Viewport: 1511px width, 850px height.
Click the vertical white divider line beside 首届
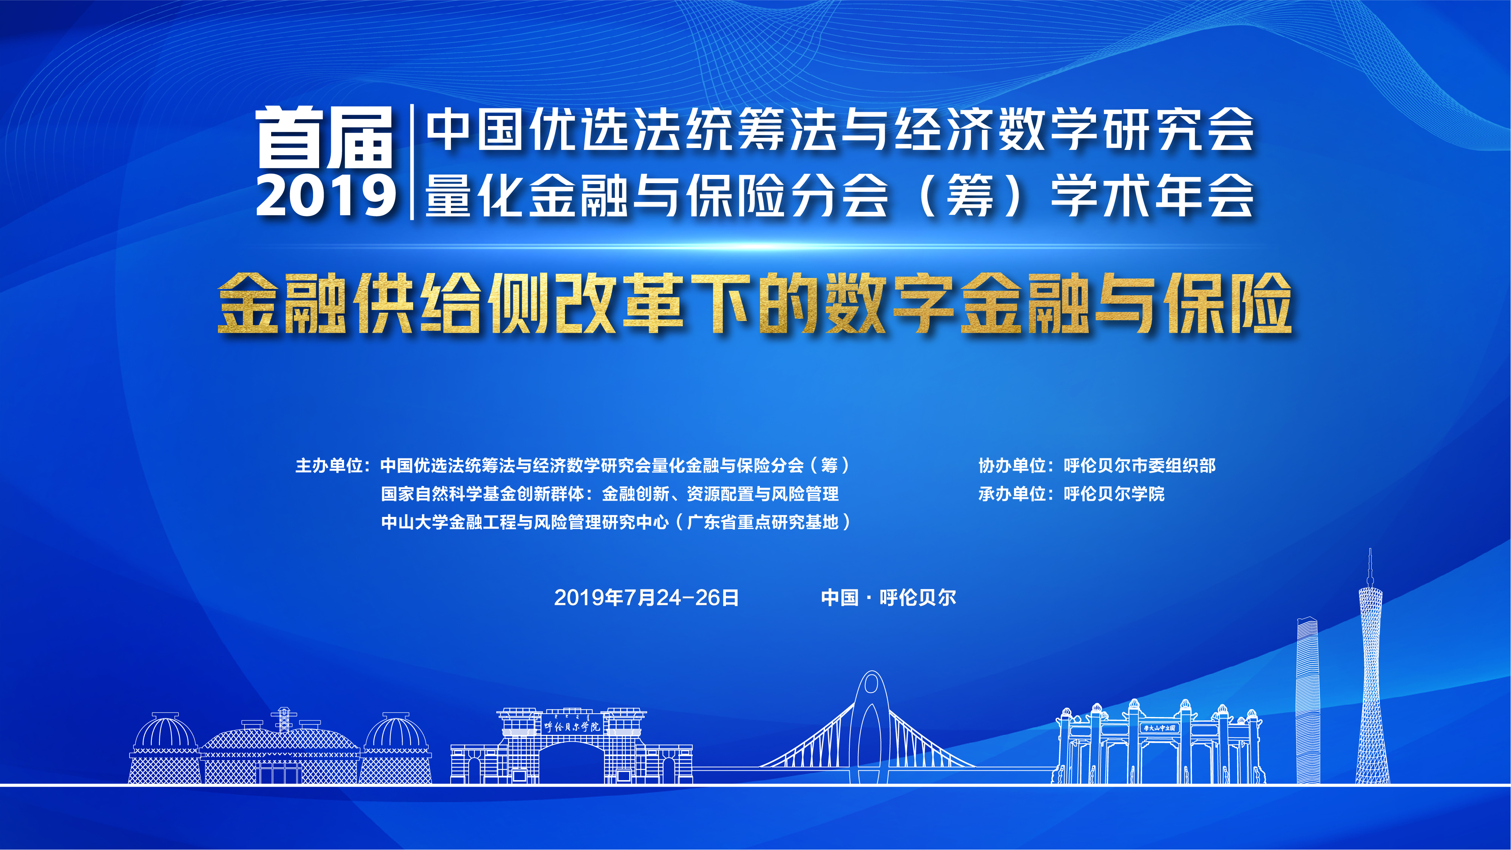pyautogui.click(x=412, y=162)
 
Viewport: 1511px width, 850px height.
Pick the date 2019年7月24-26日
pyautogui.click(x=647, y=598)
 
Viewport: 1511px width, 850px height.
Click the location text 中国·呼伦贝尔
pyautogui.click(x=889, y=598)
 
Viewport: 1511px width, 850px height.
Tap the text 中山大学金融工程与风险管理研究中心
pyautogui.click(x=525, y=522)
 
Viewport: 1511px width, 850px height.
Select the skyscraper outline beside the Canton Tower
pyautogui.click(x=1307, y=700)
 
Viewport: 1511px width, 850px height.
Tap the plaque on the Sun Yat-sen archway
pyautogui.click(x=1160, y=728)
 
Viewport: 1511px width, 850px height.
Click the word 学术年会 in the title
pyautogui.click(x=1152, y=195)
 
